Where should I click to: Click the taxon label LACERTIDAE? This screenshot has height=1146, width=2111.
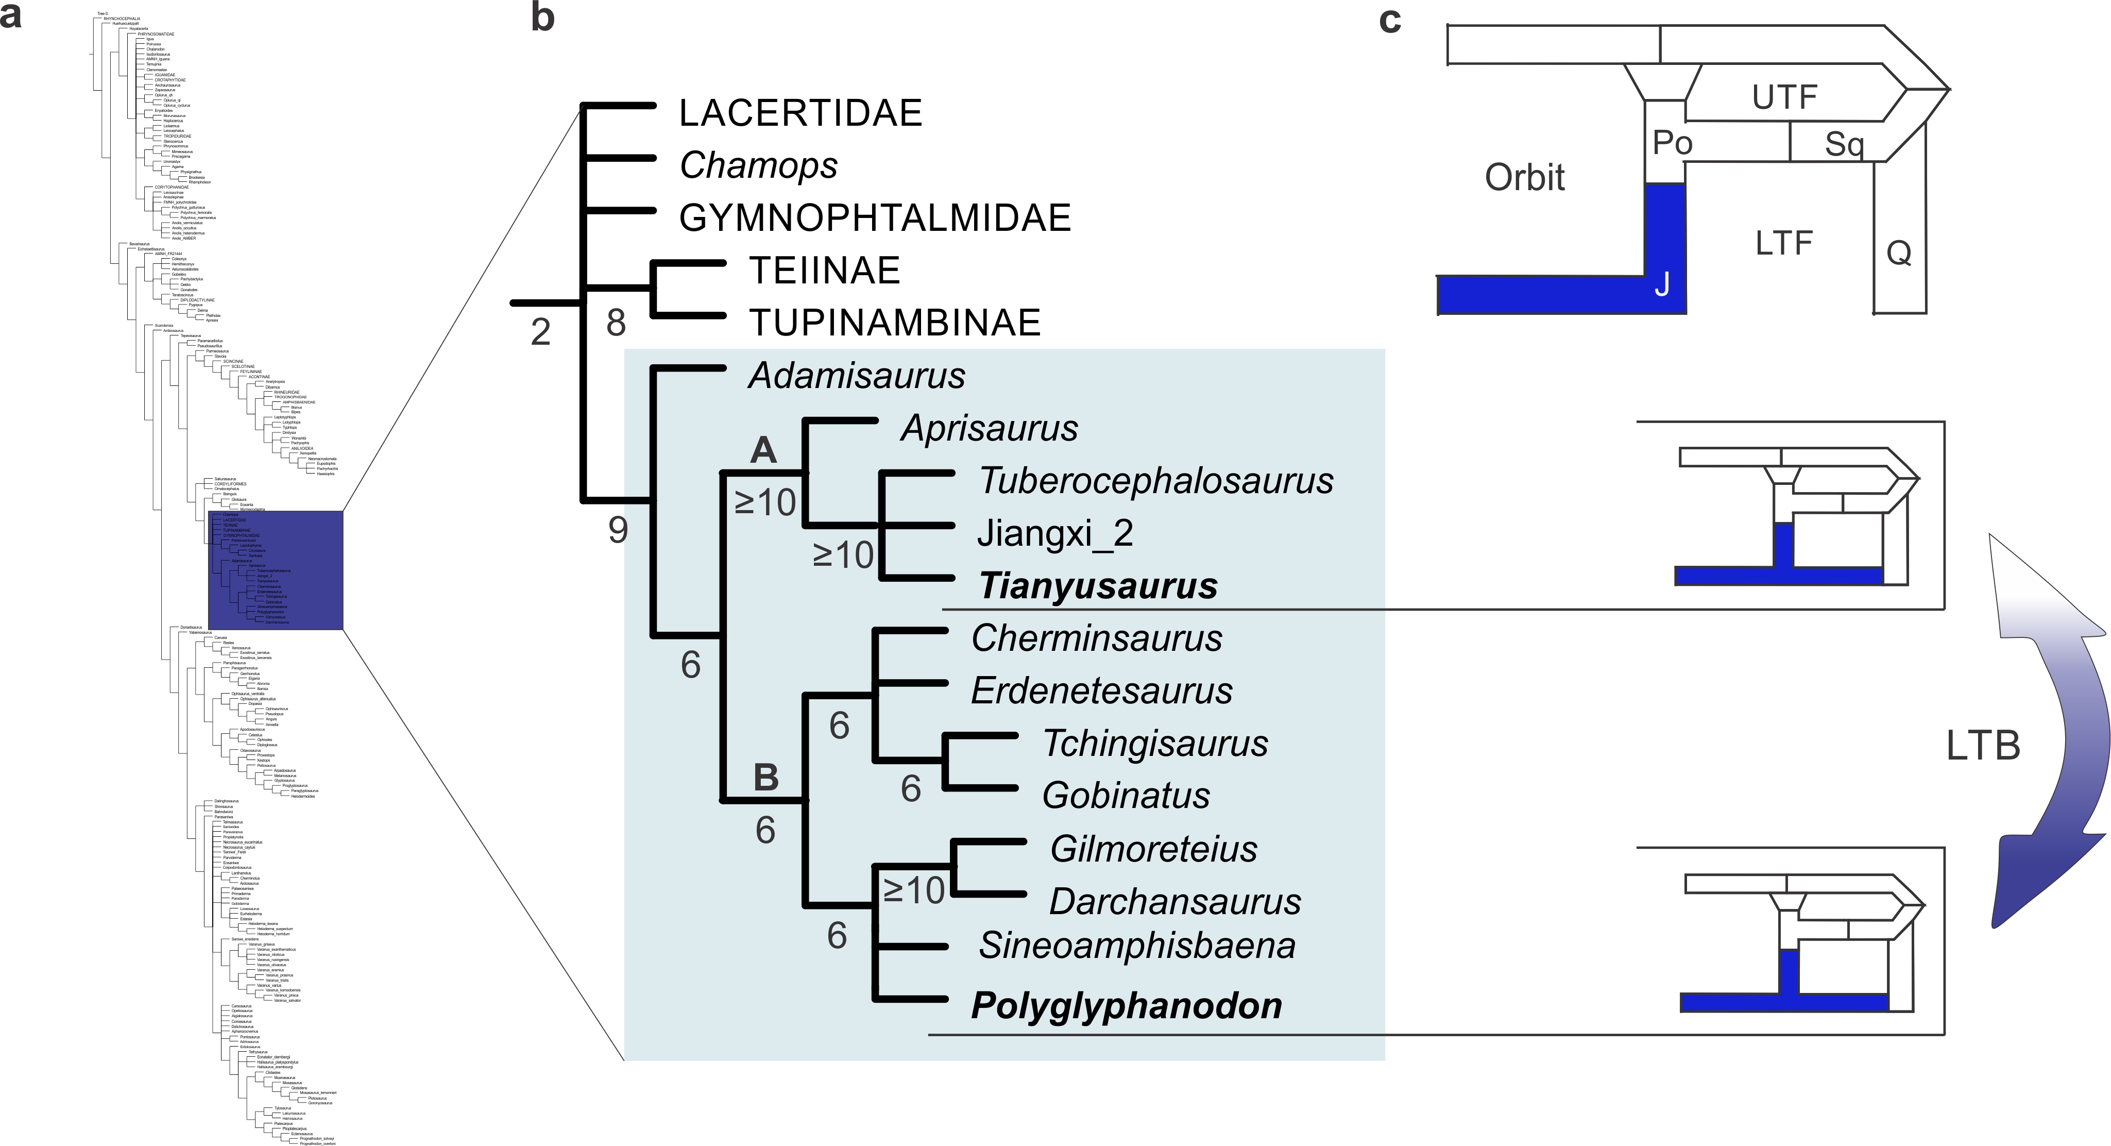(x=801, y=113)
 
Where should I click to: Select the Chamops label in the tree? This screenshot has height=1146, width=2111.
(x=758, y=165)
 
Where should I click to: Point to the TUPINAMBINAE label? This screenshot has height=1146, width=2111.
(x=895, y=323)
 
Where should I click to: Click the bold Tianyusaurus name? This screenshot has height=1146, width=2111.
(x=1098, y=586)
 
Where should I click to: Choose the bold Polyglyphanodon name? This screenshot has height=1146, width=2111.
(x=1126, y=1006)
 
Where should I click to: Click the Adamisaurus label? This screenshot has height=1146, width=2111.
(x=856, y=376)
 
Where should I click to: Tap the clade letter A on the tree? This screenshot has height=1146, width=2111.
(x=763, y=450)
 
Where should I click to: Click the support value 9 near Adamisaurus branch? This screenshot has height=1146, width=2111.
(x=618, y=530)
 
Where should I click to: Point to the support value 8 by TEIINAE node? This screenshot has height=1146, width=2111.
(x=616, y=323)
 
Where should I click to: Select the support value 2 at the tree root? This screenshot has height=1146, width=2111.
(x=540, y=332)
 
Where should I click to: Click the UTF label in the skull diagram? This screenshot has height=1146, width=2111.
(x=1784, y=97)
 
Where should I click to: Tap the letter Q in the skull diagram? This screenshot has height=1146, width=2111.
(x=1899, y=252)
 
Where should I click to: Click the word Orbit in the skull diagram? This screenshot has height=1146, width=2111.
(x=1524, y=177)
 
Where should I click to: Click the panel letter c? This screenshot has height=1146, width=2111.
(x=1390, y=20)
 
